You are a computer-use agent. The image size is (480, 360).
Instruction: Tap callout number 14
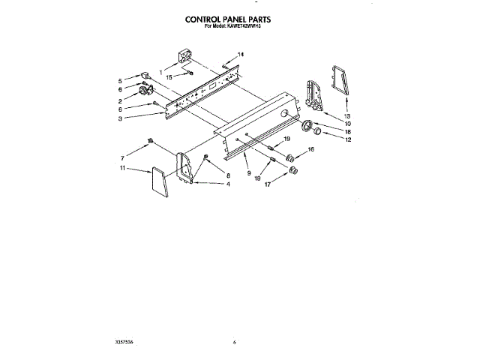pos(241,55)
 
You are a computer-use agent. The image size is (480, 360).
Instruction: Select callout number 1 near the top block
pos(160,70)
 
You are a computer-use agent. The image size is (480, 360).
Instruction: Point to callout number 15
pos(168,77)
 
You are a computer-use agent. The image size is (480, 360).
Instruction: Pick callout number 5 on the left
pos(119,80)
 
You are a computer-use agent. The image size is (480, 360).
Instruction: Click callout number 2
pos(119,100)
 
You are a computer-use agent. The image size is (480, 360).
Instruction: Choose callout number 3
pos(119,118)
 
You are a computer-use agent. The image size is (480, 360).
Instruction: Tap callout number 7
pos(122,158)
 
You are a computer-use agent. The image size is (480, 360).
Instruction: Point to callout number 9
pos(247,173)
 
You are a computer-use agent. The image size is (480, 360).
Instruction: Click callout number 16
pos(311,150)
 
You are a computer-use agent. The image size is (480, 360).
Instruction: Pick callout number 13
pos(347,116)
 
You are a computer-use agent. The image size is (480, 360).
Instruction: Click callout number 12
pos(347,139)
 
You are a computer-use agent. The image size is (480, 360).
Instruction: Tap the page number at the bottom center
pos(235,342)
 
